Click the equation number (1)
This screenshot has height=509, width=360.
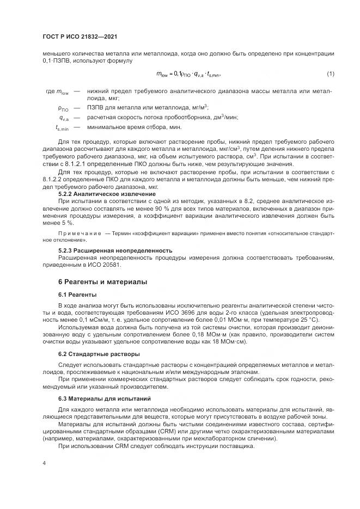coord(330,74)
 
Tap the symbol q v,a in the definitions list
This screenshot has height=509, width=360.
coord(63,118)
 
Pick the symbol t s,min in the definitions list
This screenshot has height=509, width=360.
coord(62,128)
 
